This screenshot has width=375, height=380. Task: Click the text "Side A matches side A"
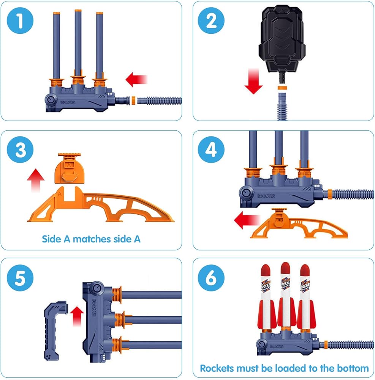pyautogui.click(x=91, y=239)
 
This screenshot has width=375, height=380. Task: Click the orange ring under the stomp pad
pyautogui.click(x=282, y=87)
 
